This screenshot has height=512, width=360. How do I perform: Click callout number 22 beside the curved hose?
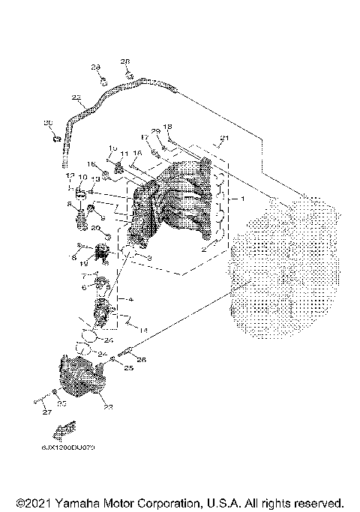(x=76, y=97)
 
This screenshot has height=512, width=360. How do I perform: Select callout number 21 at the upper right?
(x=220, y=139)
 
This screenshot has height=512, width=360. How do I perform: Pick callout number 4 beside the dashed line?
(x=130, y=299)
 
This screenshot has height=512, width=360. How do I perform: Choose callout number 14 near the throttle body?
(x=143, y=330)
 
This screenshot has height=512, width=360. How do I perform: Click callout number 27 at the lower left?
(x=46, y=413)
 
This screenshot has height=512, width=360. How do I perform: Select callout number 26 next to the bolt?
(x=142, y=359)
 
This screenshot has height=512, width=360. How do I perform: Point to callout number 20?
(x=95, y=227)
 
